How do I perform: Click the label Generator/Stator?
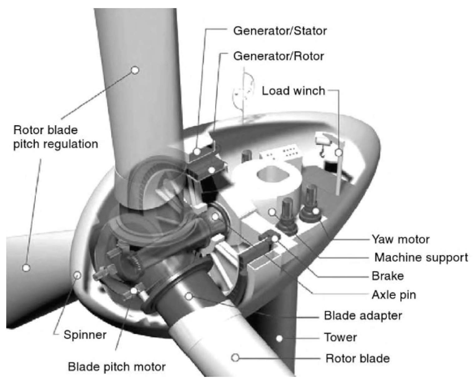coord(280,31)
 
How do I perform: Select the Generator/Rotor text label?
coord(278,56)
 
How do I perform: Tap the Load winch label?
coord(293,91)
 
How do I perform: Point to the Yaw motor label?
coord(401,239)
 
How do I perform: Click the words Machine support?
coord(421,257)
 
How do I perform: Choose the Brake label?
coord(387,276)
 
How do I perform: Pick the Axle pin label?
coord(394,295)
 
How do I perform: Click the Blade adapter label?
coord(363,315)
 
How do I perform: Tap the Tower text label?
coord(340,337)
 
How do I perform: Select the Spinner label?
coord(85,335)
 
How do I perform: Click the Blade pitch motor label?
coord(117,367)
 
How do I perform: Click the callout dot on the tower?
coord(280,338)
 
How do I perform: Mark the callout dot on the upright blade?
coord(135,70)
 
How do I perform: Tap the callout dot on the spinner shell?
coord(77,275)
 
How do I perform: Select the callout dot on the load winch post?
coord(339,153)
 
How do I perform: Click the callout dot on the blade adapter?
coord(189,296)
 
